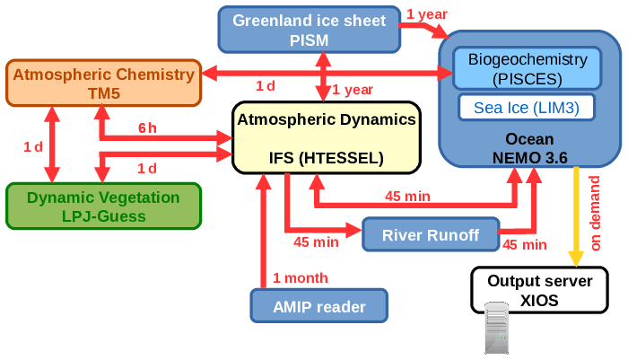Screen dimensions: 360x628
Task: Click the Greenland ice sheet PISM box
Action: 309,29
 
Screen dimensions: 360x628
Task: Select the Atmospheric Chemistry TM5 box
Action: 102,83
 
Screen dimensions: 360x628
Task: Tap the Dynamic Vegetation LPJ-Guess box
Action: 102,206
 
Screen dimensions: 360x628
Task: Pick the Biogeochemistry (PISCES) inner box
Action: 528,68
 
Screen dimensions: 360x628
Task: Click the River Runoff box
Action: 431,235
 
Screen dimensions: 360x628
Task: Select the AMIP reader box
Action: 318,306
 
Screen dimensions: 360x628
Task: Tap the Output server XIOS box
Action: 539,290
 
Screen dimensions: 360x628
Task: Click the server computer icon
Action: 496,329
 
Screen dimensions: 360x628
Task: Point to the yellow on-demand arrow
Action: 575,215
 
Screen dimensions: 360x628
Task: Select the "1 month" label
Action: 301,277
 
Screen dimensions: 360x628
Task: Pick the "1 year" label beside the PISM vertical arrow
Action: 353,89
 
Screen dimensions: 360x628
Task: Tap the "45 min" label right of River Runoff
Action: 524,243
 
